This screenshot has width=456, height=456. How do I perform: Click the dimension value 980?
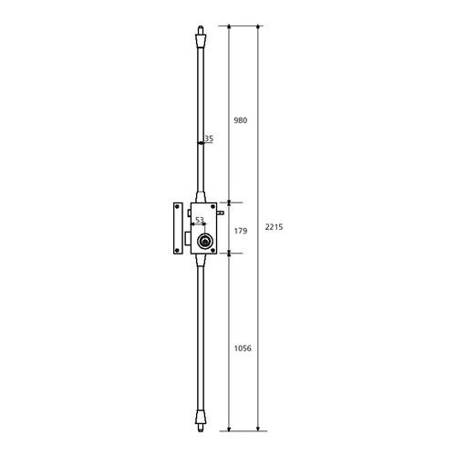[241, 120]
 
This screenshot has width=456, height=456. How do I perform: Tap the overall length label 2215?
[274, 227]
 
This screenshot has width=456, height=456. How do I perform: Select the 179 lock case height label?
[241, 231]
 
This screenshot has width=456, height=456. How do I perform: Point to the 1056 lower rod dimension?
[243, 348]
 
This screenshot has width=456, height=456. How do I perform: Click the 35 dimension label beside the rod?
[209, 139]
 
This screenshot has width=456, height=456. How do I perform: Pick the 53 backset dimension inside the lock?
[200, 220]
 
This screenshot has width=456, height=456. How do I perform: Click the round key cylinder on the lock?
[205, 242]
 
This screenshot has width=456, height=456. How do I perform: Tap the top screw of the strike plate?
[177, 207]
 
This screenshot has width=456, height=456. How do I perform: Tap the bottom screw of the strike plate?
[177, 251]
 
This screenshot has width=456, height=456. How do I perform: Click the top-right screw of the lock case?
[212, 207]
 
